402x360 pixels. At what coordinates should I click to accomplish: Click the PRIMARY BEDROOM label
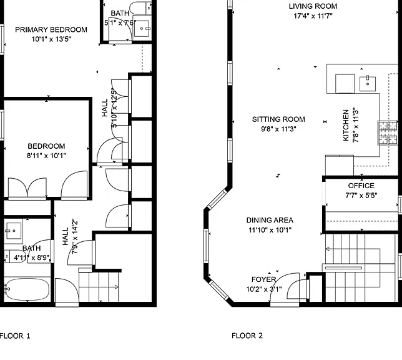coord(51,30)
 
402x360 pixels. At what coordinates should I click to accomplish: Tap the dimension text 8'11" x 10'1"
coord(46,156)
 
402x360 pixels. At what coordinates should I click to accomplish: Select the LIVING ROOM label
coord(313,6)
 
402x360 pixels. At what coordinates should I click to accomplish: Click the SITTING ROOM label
coord(278,119)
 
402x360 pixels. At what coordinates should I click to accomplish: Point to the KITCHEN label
coord(346,125)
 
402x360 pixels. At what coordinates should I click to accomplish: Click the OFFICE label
coord(361,186)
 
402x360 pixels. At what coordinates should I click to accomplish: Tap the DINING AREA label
coord(270,221)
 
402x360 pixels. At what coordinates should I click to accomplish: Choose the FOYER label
coord(263,279)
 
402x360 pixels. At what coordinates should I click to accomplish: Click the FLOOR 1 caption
coord(15,336)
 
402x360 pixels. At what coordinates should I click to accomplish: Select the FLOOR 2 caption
coord(247,336)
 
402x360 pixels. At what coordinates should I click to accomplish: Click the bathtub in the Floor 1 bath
coord(27,289)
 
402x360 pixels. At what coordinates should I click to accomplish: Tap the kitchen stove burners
coord(388,132)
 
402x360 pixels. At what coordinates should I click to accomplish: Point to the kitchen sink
coord(368,84)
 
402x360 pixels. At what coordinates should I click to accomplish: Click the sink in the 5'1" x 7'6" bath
coord(142,29)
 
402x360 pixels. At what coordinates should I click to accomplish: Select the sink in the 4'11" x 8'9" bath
coord(14,231)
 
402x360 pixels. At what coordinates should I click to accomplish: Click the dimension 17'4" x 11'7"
coord(313,16)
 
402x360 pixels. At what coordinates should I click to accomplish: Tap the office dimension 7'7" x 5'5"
coord(361,196)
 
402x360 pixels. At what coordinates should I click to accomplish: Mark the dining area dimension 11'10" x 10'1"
coord(270,230)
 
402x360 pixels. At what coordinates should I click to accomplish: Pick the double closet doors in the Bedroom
coord(27,188)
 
